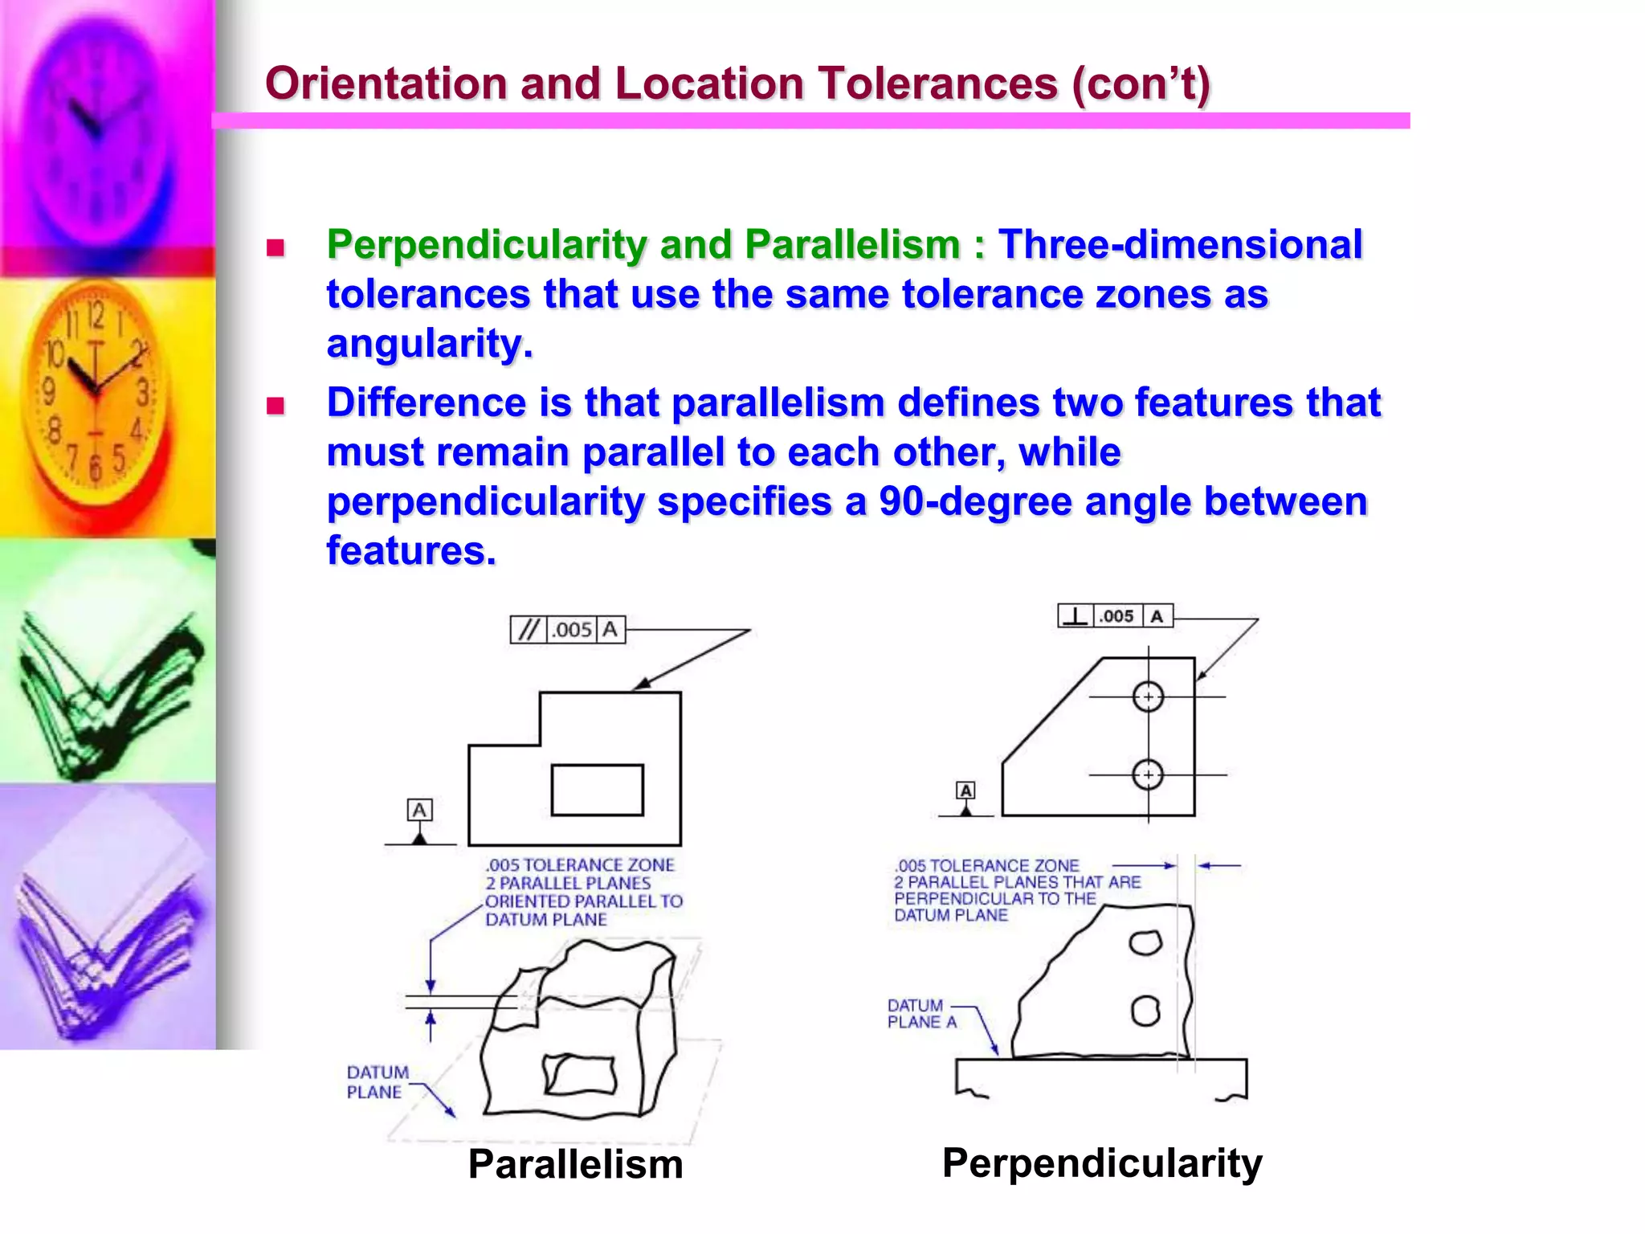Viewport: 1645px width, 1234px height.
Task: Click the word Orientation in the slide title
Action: (x=386, y=84)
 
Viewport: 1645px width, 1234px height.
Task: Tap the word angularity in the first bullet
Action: (x=429, y=344)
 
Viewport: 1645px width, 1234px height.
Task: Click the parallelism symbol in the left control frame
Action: (x=528, y=630)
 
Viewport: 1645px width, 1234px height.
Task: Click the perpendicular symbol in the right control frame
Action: (x=1076, y=616)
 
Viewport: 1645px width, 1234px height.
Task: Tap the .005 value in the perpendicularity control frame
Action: (x=1116, y=616)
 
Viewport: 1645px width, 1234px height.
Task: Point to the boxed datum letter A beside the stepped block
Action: (x=419, y=810)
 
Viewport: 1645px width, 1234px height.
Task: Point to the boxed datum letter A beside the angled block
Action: (x=965, y=791)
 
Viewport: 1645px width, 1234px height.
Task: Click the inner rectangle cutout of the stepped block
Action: (x=597, y=790)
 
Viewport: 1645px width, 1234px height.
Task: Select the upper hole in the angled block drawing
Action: (x=1148, y=697)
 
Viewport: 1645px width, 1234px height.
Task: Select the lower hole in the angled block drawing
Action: (x=1148, y=774)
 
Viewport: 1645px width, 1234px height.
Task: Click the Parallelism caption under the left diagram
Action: (x=575, y=1164)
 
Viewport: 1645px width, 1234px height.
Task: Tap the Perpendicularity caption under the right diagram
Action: (x=1102, y=1162)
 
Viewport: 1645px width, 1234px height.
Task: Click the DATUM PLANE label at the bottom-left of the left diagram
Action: (x=377, y=1082)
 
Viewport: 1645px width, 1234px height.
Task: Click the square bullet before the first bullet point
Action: (x=276, y=247)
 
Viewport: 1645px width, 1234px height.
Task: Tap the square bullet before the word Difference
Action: (x=276, y=405)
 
